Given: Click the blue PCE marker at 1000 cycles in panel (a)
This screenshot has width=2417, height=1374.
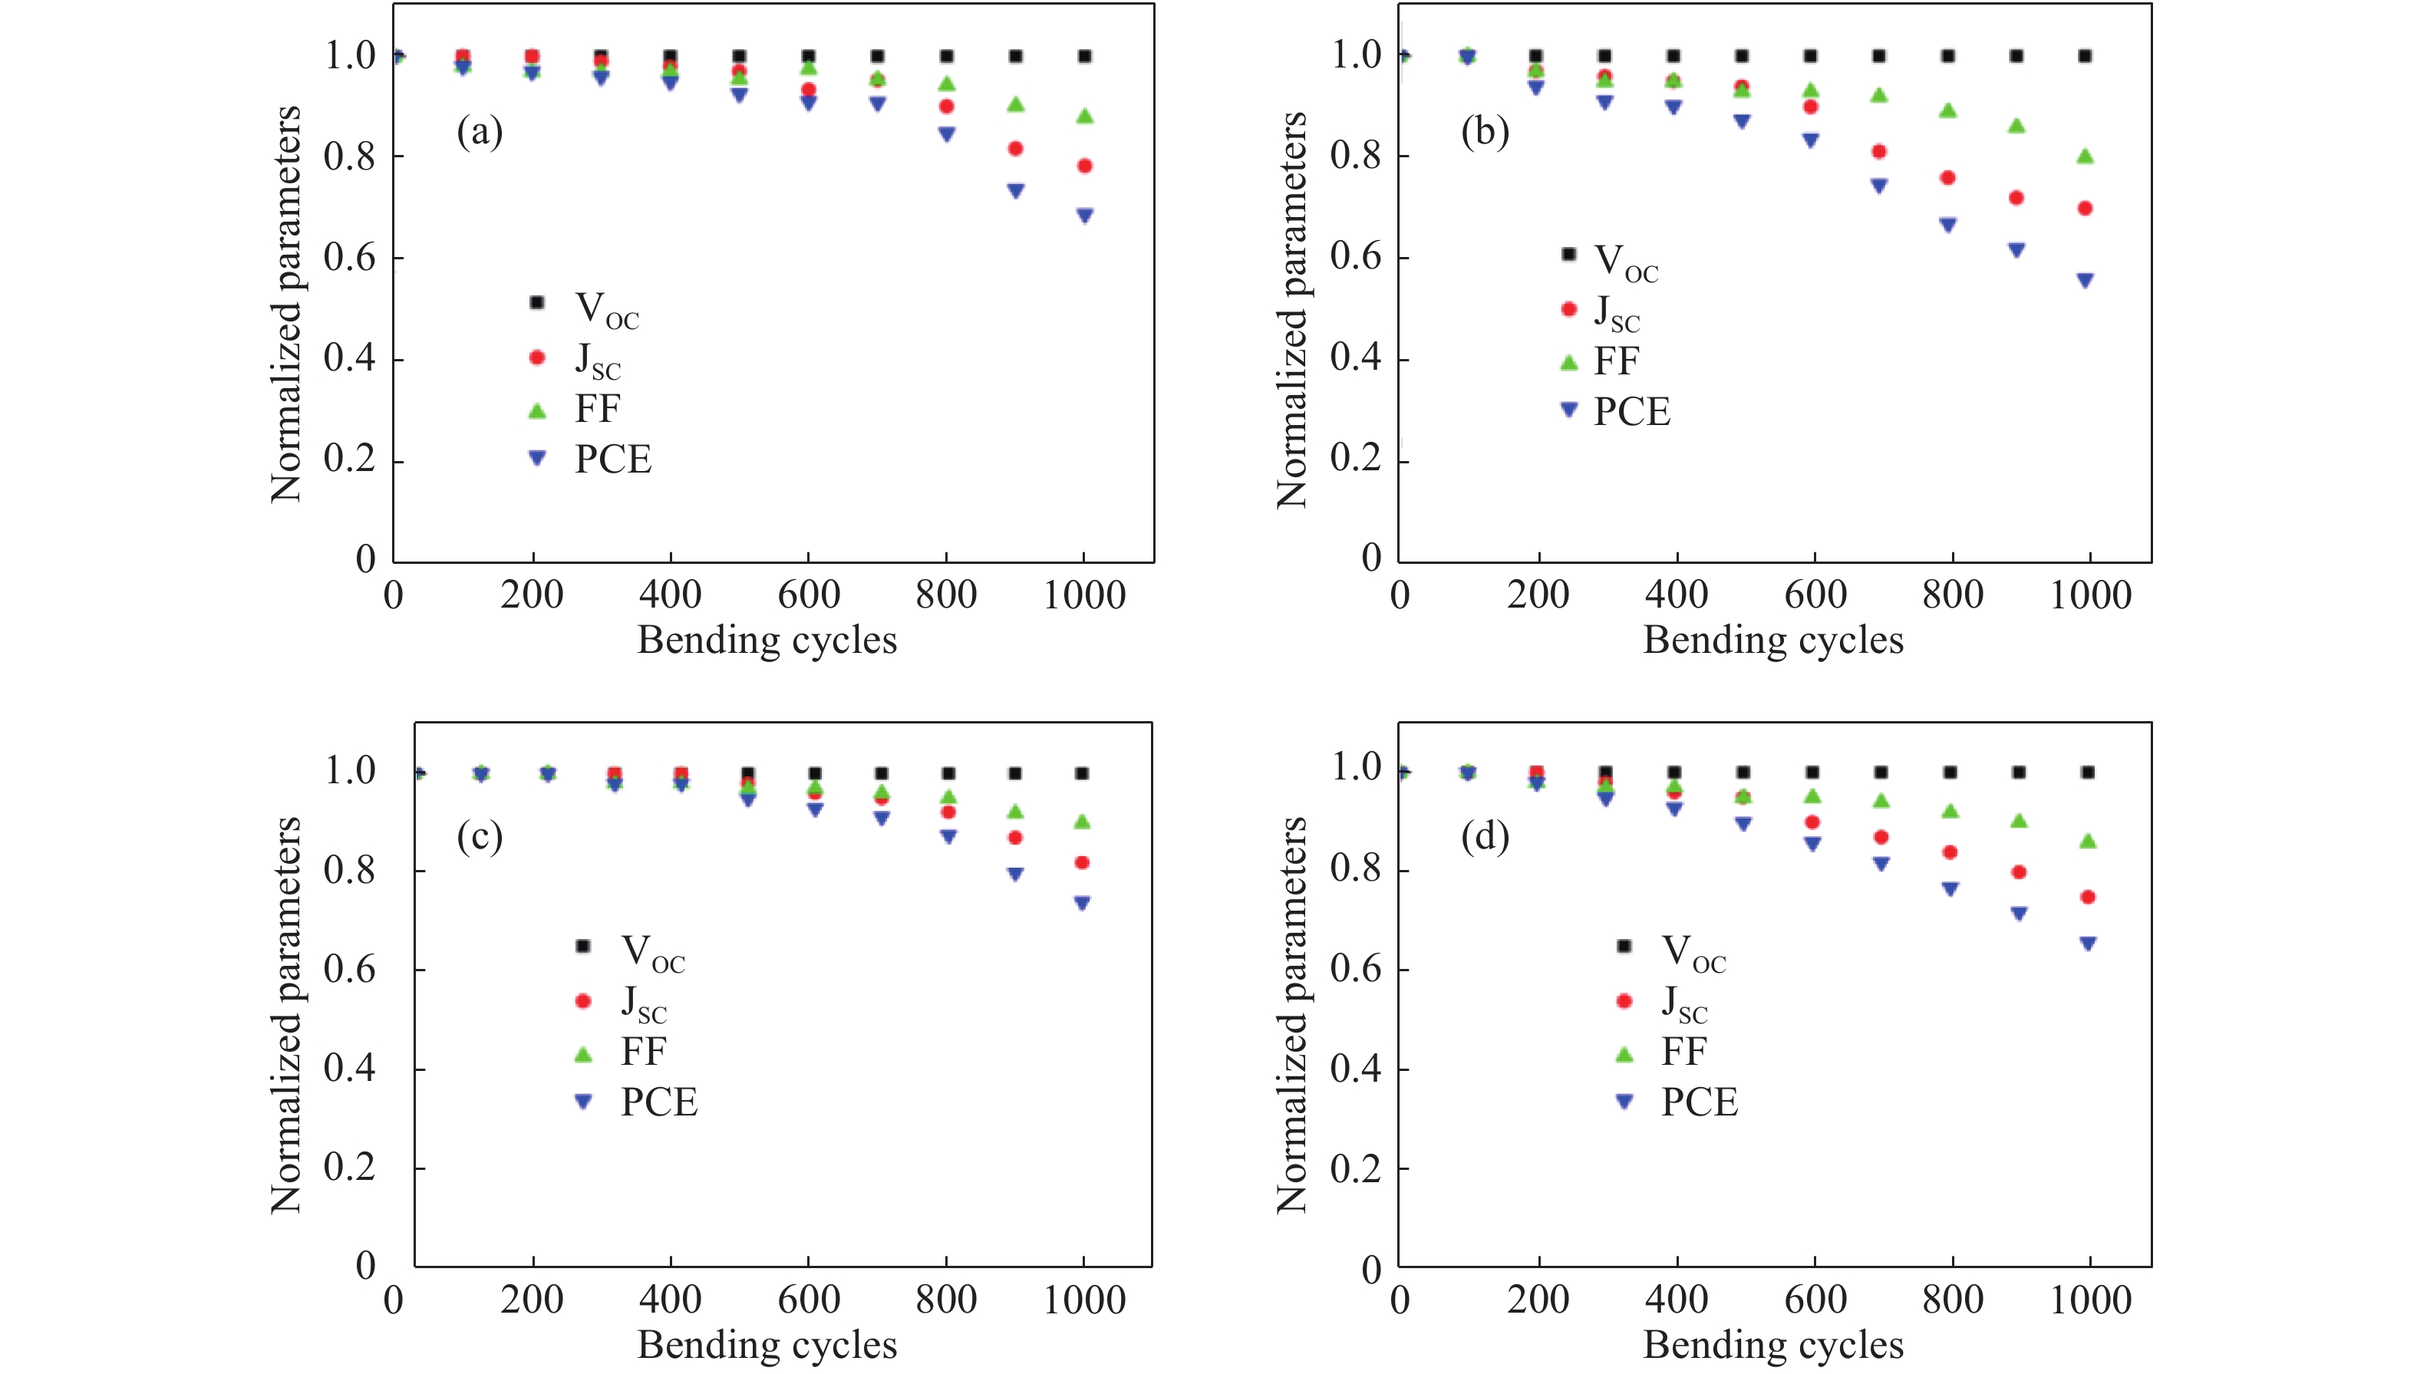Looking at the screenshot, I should click(x=1084, y=215).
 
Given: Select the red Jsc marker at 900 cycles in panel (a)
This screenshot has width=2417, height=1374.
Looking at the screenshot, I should click(x=1015, y=148).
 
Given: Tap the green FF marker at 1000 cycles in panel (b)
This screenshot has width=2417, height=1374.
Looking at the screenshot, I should click(x=2085, y=156).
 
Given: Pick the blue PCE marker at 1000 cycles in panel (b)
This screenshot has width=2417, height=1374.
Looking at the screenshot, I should click(x=2085, y=280).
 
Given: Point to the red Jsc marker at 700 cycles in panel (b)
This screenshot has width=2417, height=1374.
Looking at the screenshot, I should click(x=1879, y=151).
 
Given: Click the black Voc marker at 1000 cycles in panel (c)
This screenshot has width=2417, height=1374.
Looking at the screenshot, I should click(x=1083, y=773).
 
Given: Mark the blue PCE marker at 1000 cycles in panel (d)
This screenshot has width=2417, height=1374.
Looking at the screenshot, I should click(x=2088, y=943).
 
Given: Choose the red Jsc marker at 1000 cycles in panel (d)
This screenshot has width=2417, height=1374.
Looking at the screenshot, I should click(x=2088, y=897).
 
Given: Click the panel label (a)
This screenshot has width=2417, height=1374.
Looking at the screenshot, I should click(x=480, y=131).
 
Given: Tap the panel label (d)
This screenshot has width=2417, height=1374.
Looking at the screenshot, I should click(x=1485, y=836).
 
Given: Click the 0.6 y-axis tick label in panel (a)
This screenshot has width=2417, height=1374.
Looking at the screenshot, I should click(x=349, y=257).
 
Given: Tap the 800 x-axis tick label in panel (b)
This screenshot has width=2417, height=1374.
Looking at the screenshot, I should click(x=1952, y=595).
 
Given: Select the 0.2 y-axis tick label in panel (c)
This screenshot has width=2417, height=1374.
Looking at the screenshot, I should click(x=349, y=1168).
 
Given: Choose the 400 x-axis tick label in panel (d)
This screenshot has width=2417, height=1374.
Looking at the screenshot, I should click(x=1676, y=1300).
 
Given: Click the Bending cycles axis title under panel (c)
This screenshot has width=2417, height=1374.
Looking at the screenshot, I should click(x=767, y=1344).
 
